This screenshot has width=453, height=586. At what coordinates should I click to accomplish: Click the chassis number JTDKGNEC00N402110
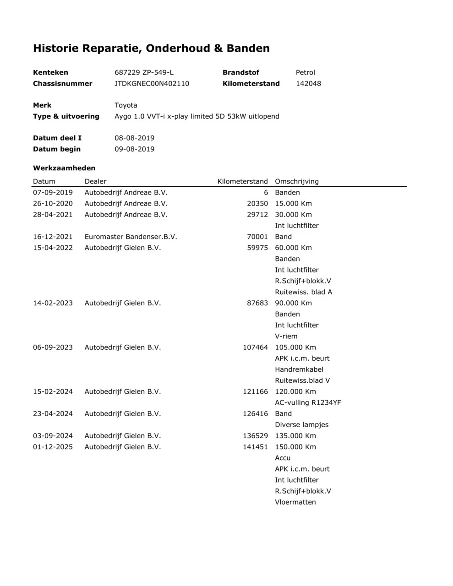152,83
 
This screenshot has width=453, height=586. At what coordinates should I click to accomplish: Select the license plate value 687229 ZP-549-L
144,72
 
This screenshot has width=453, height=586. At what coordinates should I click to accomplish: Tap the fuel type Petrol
305,72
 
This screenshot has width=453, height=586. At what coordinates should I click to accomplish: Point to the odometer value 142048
308,83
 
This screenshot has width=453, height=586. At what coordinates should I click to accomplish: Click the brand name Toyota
126,105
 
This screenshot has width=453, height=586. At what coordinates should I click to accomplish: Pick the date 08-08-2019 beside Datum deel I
134,138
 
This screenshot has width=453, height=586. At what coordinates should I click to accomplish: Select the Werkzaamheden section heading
64,168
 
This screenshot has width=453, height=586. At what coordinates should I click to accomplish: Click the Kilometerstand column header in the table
242,181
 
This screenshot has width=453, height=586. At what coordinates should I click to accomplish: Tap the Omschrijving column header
296,181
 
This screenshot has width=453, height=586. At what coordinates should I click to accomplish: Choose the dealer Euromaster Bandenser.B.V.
131,237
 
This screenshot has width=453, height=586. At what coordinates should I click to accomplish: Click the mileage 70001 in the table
257,237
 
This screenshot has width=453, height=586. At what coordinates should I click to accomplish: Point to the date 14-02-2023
53,303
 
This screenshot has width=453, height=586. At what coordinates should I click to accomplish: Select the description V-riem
286,336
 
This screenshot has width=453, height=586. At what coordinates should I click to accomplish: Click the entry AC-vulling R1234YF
308,402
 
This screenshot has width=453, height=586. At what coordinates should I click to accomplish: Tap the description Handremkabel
299,369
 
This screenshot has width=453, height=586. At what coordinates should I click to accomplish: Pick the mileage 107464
255,347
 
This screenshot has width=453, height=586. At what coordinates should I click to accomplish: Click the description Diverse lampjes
301,424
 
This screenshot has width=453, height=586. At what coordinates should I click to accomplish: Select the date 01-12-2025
53,447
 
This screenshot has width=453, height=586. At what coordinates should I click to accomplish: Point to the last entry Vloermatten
295,502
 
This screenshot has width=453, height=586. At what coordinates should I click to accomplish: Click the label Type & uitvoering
66,116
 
